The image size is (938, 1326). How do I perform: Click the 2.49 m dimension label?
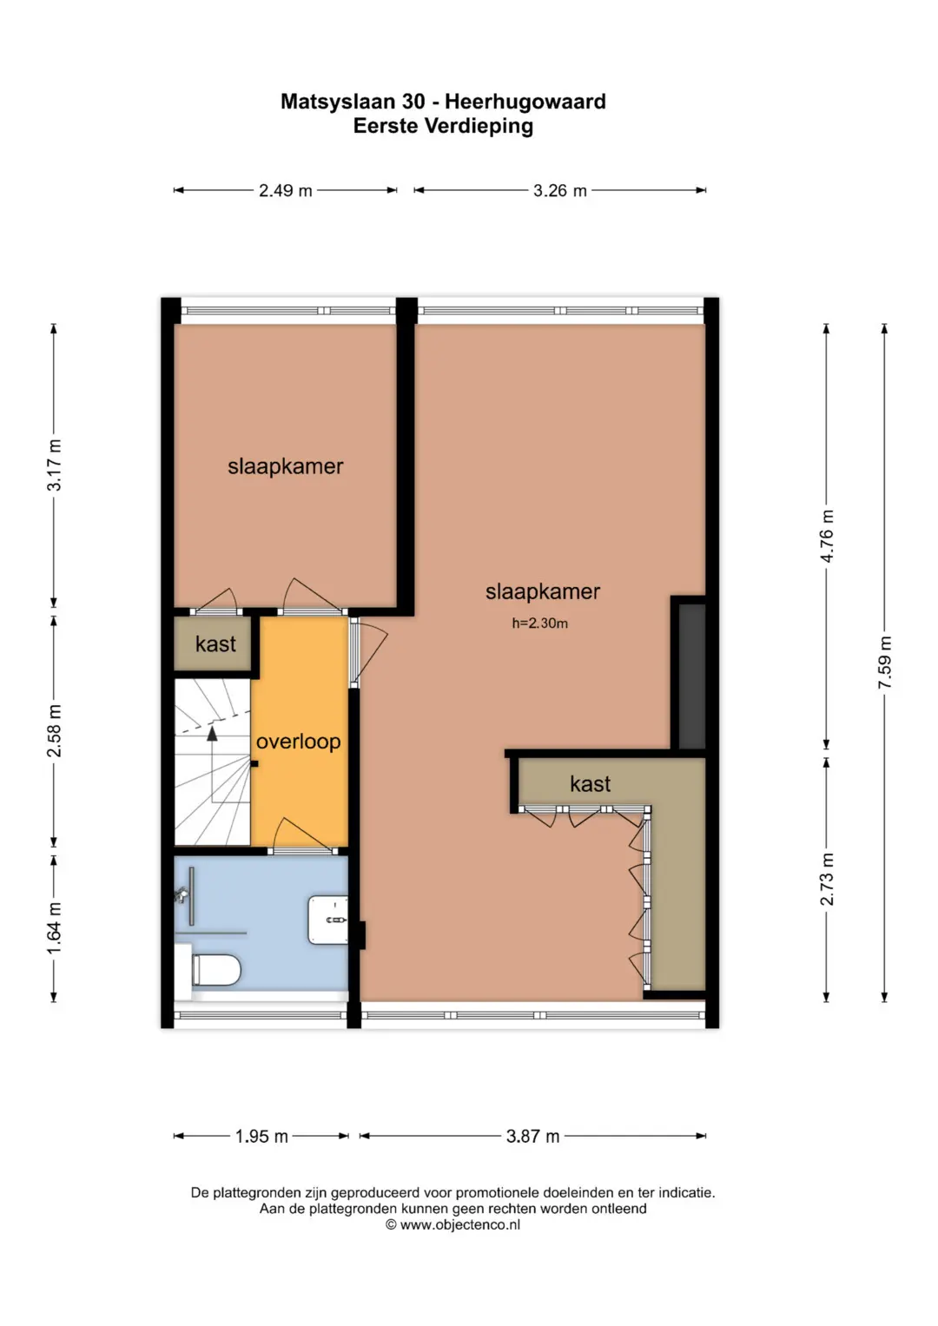[x=286, y=191]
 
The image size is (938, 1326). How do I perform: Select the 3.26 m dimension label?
[x=559, y=191]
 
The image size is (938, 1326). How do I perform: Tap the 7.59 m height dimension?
[x=884, y=663]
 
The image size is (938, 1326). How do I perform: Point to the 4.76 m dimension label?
[x=827, y=537]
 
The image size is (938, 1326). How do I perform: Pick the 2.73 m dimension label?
[x=827, y=880]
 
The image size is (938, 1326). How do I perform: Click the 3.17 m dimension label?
[x=54, y=465]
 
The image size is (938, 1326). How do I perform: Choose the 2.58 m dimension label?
[x=54, y=731]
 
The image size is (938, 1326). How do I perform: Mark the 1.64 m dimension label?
[x=54, y=928]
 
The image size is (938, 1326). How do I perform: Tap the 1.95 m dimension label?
[x=261, y=1136]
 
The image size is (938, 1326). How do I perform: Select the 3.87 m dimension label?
[x=532, y=1136]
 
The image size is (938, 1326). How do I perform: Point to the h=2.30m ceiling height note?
[x=540, y=623]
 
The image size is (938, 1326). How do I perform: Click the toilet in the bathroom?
[x=215, y=970]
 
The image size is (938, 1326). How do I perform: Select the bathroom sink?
[x=327, y=920]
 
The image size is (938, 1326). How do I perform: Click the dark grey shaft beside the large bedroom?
[x=691, y=676]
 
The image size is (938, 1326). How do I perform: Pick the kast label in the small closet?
[x=215, y=644]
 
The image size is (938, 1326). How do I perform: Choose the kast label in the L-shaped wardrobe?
[x=591, y=784]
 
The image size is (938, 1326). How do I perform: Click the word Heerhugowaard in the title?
[x=525, y=102]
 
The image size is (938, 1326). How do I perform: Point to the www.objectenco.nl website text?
[x=460, y=1224]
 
